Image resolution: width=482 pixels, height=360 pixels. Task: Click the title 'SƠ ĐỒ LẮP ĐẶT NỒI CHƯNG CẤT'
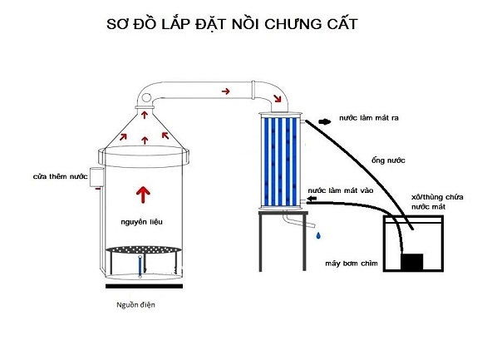click(232, 24)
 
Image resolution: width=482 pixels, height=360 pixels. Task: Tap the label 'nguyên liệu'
click(141, 222)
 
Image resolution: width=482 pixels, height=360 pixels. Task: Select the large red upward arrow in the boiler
click(143, 195)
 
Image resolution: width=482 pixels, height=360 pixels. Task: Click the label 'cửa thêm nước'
click(60, 176)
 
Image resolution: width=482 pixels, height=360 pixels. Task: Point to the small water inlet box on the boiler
click(96, 177)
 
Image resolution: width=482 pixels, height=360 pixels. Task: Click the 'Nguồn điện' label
click(135, 304)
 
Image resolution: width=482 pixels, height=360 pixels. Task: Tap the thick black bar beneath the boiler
click(144, 286)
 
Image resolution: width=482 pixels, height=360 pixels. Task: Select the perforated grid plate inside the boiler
click(144, 249)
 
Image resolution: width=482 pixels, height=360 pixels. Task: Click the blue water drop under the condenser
click(318, 235)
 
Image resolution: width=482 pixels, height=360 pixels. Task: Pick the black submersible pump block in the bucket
click(412, 262)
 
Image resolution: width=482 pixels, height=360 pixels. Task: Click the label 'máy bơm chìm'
click(352, 264)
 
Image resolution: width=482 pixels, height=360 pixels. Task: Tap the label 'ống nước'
click(388, 160)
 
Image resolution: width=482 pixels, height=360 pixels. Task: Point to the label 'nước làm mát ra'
click(369, 118)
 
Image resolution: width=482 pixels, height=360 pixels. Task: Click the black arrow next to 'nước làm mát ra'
click(325, 121)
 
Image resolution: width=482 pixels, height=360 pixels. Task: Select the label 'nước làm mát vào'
click(341, 190)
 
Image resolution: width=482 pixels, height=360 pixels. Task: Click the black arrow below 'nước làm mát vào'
click(312, 199)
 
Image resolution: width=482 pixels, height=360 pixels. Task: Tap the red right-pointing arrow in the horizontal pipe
click(226, 91)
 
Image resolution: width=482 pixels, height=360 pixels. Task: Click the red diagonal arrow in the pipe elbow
click(278, 98)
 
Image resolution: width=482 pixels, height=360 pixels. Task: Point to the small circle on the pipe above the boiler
click(146, 98)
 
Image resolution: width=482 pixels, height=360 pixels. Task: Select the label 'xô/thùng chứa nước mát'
click(437, 202)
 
